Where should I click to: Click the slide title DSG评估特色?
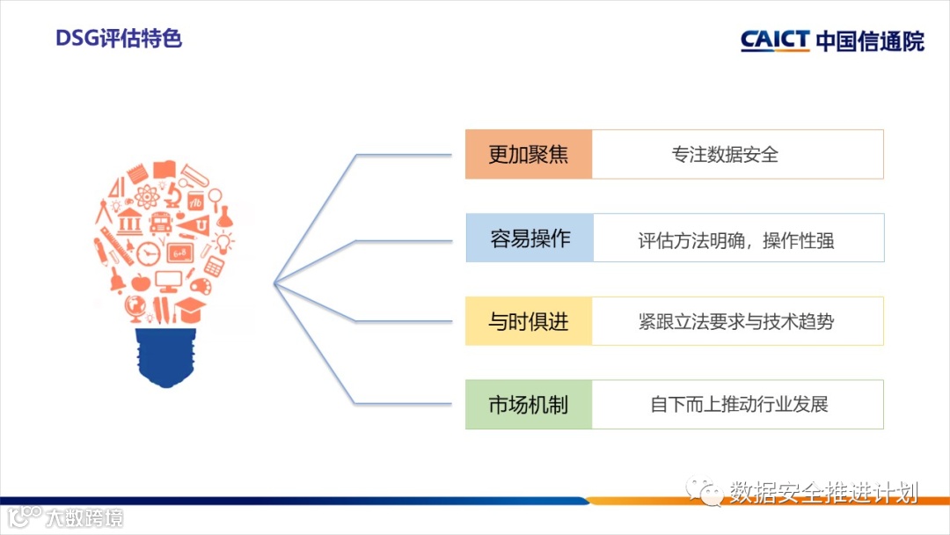coord(119,39)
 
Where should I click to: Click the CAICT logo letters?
coord(774,40)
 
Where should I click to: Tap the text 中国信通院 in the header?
coord(870,40)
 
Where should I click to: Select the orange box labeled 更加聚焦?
coord(529,155)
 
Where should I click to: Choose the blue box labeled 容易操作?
coord(530,238)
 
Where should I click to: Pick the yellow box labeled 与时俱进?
coord(529,321)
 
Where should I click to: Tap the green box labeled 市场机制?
coord(529,405)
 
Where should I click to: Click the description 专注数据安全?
coord(725,155)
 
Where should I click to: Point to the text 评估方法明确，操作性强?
coord(735,239)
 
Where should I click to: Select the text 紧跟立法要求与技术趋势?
coord(735,321)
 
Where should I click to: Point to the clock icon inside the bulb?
coord(150,253)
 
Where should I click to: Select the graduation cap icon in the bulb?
coord(190,308)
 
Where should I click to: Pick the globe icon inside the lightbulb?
coord(135,308)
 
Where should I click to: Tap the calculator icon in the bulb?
coord(214,266)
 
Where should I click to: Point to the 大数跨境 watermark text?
coord(84,517)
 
